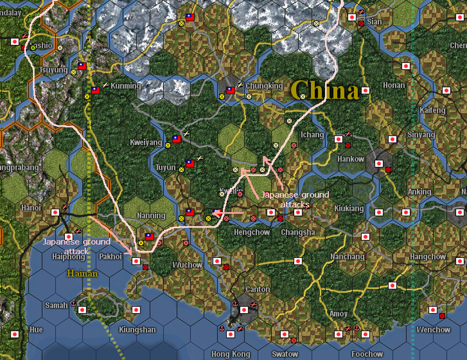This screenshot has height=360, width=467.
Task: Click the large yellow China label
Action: coord(325,91)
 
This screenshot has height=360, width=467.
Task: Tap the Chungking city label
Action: coord(264,86)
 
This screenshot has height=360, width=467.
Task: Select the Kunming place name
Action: coord(125,86)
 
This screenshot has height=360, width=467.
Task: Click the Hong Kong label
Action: coord(228,354)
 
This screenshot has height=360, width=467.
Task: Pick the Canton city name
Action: coord(258,289)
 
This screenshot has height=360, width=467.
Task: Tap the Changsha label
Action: coord(298,232)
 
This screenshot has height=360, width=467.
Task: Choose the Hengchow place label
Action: coord(251,232)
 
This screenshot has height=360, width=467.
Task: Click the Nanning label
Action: coord(151,215)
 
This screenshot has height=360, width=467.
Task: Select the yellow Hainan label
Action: coord(83,274)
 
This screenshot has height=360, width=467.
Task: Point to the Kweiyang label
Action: coord(146,142)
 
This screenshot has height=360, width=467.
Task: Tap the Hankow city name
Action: coord(350,159)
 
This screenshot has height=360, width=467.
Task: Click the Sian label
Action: coord(374,22)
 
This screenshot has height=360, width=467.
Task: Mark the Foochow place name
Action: coord(367,354)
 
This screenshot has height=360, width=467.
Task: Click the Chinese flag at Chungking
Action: coord(231,91)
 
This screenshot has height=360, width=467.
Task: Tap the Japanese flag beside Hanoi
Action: coord(55,212)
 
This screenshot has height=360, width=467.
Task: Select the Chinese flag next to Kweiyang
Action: coord(176,139)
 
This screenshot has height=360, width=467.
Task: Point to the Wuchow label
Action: coord(187,265)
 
